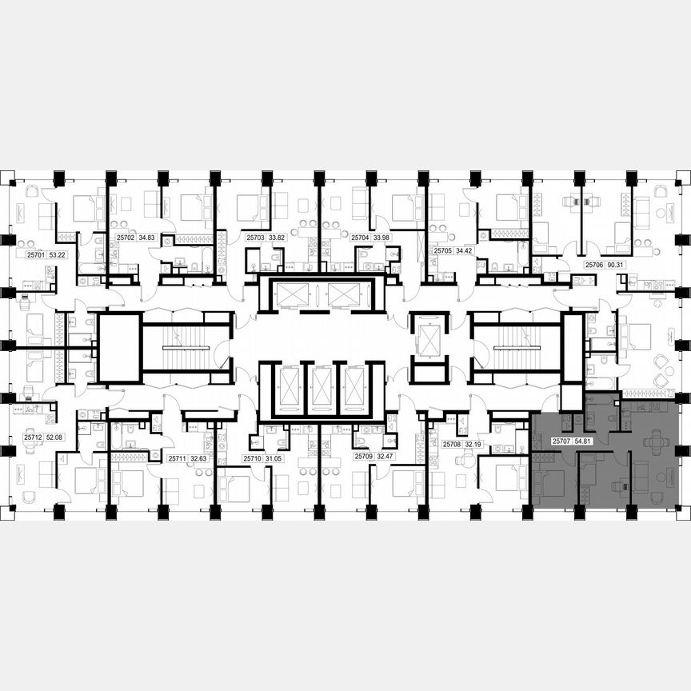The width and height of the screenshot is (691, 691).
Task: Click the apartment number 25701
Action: (x=35, y=255)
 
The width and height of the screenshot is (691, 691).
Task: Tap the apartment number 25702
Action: (x=125, y=238)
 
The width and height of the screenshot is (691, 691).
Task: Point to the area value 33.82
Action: (x=277, y=238)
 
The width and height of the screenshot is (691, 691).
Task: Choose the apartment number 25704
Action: (x=359, y=238)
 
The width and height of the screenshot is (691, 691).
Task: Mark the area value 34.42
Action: (x=465, y=250)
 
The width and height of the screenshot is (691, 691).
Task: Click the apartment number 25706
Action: (x=593, y=263)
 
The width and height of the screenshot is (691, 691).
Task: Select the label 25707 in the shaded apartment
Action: (x=561, y=441)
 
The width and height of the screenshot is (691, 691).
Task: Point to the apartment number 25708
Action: (x=451, y=443)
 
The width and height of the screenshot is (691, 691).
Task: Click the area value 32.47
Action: (x=385, y=457)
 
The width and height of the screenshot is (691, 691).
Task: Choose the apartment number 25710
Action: (x=252, y=458)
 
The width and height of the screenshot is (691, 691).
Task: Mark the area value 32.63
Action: (x=198, y=458)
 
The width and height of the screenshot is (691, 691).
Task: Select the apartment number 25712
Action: (x=33, y=437)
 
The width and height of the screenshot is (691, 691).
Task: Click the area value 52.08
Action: (x=55, y=437)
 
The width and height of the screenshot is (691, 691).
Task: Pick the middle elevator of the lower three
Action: (x=322, y=389)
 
